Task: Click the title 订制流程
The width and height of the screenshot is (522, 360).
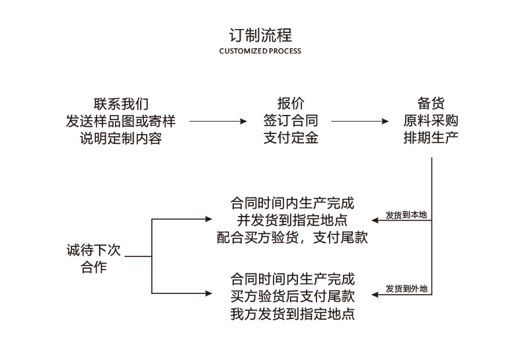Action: point(260,34)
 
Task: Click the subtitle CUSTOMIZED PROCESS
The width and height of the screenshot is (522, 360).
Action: point(260,51)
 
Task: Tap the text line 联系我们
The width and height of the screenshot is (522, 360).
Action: point(121,104)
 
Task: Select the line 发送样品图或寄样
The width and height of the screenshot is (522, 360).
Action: point(121,121)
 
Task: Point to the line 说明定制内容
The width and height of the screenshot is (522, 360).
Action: point(121,138)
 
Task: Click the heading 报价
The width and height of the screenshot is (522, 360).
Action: point(291,104)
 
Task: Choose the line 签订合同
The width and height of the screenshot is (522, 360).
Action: point(291,121)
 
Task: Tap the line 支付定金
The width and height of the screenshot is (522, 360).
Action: point(291,138)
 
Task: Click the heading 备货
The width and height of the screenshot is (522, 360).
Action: point(431,104)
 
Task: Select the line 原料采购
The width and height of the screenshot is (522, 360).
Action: point(431,121)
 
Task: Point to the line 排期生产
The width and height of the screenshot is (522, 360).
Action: point(431,138)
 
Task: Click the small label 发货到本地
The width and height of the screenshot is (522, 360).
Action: point(406,215)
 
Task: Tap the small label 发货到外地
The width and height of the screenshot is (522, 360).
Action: point(406,289)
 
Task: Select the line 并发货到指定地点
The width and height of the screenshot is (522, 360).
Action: point(292,220)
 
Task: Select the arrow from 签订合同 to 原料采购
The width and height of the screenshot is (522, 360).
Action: point(360,122)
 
